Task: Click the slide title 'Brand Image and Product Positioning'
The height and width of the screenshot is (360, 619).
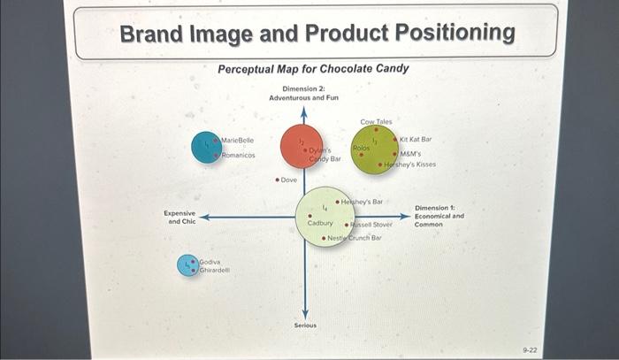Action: tap(317, 34)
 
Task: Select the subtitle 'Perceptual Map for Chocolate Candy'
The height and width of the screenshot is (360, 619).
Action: tap(313, 69)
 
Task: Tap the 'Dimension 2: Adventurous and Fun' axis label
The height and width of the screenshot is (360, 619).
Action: tap(303, 93)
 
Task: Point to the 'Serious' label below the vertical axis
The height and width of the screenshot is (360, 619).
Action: tap(305, 326)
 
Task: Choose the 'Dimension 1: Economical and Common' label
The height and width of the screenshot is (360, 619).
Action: tap(439, 217)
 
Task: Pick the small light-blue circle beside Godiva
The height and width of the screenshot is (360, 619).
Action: tap(187, 265)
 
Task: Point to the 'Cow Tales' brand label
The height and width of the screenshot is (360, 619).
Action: tap(376, 121)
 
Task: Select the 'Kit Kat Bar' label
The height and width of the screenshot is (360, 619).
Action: tap(416, 140)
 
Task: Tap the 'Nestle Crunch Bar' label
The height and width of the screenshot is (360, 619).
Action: tap(355, 238)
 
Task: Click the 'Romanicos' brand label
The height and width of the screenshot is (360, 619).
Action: tap(238, 155)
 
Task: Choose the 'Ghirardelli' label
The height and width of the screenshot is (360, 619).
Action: tap(214, 270)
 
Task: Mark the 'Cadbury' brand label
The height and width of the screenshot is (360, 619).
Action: tap(319, 224)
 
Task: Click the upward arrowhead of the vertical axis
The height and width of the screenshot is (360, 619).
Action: tap(304, 112)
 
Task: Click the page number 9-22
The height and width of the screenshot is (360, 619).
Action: tap(531, 350)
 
